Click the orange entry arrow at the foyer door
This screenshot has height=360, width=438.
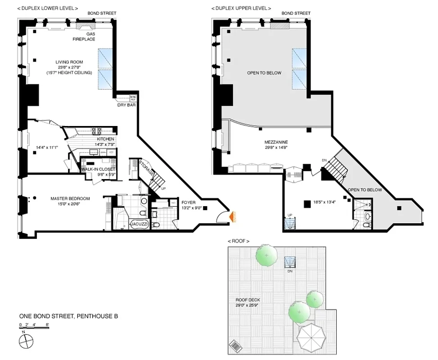coord(232,217)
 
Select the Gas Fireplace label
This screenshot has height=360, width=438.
coord(84,36)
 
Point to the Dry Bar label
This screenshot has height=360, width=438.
coord(127,105)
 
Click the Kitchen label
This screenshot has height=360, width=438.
coord(105,139)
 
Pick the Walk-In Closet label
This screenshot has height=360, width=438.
coord(98,169)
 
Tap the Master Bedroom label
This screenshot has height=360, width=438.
coord(70,198)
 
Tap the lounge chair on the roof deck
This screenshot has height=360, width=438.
coord(235,346)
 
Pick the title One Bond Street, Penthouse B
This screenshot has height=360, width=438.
coord(68,316)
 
